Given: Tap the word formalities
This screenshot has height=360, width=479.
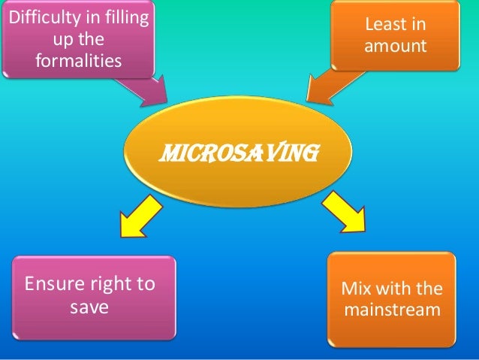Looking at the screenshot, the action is coord(77,59).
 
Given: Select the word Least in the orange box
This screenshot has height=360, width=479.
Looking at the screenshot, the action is coord(395,25).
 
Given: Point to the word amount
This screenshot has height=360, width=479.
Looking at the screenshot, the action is coord(395,47).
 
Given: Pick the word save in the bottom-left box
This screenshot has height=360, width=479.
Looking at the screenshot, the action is coord(89,307).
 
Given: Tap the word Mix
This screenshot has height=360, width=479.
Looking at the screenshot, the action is coord(355,289).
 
